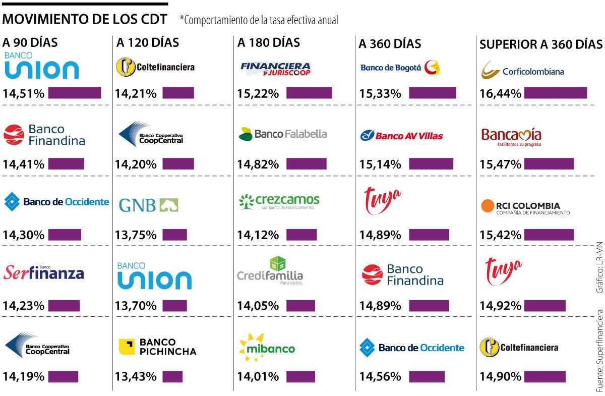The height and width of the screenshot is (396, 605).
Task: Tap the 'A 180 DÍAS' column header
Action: [269, 43]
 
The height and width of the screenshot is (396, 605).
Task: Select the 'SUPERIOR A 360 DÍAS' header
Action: [540, 44]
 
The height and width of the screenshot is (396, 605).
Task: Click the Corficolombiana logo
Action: [522, 70]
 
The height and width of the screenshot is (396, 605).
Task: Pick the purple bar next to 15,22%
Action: [309, 93]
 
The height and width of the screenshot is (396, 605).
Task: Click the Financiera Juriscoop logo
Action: [276, 69]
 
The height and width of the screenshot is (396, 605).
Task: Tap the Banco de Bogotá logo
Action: [400, 68]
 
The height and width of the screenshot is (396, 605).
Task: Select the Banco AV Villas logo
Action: [401, 135]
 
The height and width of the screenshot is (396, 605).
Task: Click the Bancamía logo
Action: [511, 136]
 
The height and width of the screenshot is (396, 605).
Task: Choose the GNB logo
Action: [149, 205]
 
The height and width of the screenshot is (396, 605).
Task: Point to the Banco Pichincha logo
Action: [157, 347]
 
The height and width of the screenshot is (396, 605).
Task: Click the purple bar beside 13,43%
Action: [172, 377]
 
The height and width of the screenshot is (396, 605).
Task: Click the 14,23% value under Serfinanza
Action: [24, 306]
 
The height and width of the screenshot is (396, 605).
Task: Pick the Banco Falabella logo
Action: [283, 134]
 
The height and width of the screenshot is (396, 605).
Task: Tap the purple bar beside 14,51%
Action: [74, 93]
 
